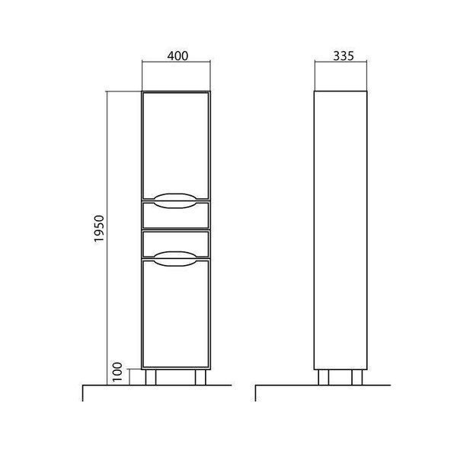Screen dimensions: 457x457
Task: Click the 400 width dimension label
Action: (x=177, y=56)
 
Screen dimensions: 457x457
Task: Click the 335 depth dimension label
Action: (x=344, y=56)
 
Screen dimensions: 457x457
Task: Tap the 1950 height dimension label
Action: (x=99, y=228)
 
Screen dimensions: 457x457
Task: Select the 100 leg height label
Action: (x=117, y=372)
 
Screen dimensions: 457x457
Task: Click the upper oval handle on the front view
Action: (x=175, y=201)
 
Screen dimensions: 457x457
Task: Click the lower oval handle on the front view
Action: (x=175, y=259)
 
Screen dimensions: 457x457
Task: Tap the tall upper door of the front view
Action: (x=176, y=145)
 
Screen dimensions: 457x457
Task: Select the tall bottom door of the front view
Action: (x=176, y=314)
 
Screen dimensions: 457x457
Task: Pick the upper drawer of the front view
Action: (x=176, y=215)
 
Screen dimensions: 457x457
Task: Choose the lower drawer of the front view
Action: (x=176, y=244)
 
